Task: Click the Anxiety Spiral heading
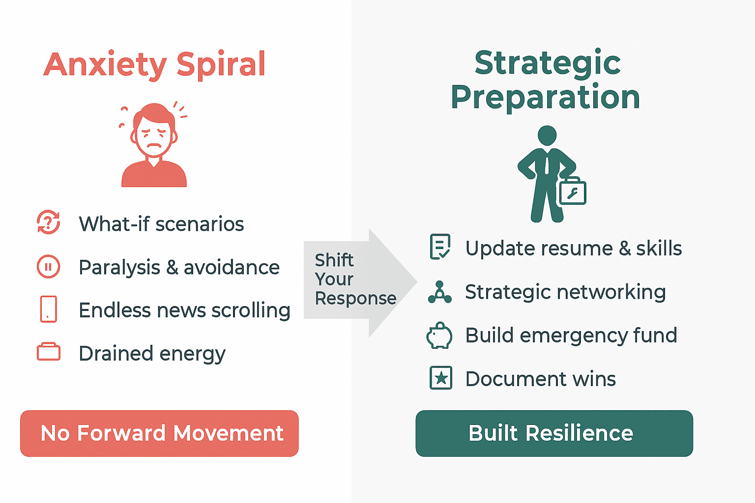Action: [x=154, y=65]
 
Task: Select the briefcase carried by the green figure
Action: [x=573, y=191]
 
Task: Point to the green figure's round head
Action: [x=547, y=136]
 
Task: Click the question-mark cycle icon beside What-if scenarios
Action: [x=49, y=222]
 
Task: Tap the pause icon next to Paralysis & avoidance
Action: [x=49, y=267]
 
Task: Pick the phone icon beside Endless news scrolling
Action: [x=49, y=309]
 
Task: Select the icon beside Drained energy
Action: [x=49, y=352]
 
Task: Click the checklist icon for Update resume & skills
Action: [x=440, y=247]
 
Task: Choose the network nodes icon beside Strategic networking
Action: [x=440, y=292]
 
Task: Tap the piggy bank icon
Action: [x=439, y=335]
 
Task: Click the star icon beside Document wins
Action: [x=441, y=378]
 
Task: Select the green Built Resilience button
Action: [x=554, y=433]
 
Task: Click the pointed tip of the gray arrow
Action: [x=417, y=282]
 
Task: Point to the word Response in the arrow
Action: [x=355, y=298]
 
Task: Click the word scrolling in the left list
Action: [x=251, y=310]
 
